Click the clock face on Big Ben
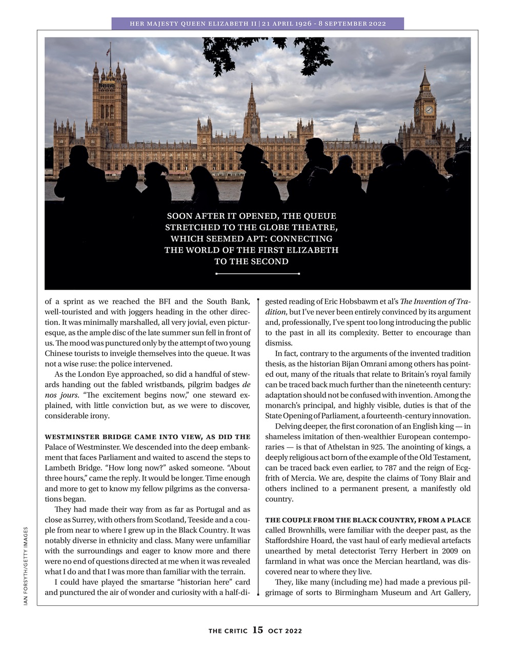click(429, 110)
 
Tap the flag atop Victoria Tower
click(108, 50)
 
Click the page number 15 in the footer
click(257, 630)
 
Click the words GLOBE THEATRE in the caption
click(299, 227)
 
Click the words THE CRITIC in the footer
click(228, 631)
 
